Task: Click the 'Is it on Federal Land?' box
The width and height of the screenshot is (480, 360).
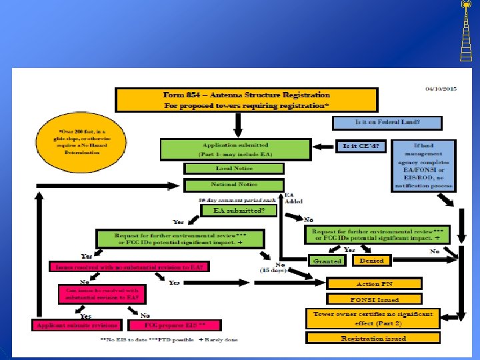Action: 387,123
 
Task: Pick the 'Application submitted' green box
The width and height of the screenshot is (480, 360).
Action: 235,148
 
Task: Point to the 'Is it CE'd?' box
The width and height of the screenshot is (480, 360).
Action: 363,146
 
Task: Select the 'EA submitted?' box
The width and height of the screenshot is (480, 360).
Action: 239,211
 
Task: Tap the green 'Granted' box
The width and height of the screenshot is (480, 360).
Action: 327,261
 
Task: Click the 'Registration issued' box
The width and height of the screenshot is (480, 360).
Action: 373,339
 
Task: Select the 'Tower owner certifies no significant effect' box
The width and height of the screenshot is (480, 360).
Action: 373,318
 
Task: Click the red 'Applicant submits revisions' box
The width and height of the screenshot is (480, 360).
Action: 77,326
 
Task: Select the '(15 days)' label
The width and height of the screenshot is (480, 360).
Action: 273,270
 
